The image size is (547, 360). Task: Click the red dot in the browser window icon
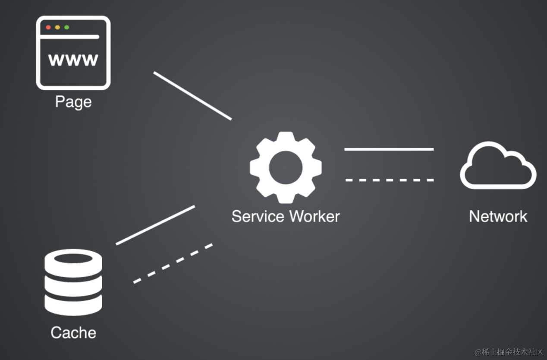(x=48, y=27)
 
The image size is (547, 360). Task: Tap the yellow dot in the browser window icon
(x=58, y=27)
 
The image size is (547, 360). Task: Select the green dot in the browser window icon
(x=67, y=27)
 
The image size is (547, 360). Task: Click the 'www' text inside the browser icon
(x=73, y=60)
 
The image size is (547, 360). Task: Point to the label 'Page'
(x=73, y=102)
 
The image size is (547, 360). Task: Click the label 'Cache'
(x=73, y=333)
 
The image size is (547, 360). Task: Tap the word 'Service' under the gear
(x=258, y=216)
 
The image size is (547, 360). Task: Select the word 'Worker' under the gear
(x=314, y=216)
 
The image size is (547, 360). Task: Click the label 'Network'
(x=498, y=216)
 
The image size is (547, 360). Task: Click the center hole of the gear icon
(x=286, y=167)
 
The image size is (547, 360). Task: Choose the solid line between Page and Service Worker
(x=192, y=96)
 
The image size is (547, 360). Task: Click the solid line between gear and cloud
(x=389, y=149)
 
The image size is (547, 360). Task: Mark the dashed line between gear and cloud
(x=390, y=180)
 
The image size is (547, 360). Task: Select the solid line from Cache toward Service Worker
(x=155, y=225)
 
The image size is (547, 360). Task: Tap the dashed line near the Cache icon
(x=173, y=263)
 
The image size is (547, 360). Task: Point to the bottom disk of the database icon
(x=73, y=306)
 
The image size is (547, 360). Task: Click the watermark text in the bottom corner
(x=509, y=352)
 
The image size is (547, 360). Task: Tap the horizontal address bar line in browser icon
(x=69, y=37)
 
